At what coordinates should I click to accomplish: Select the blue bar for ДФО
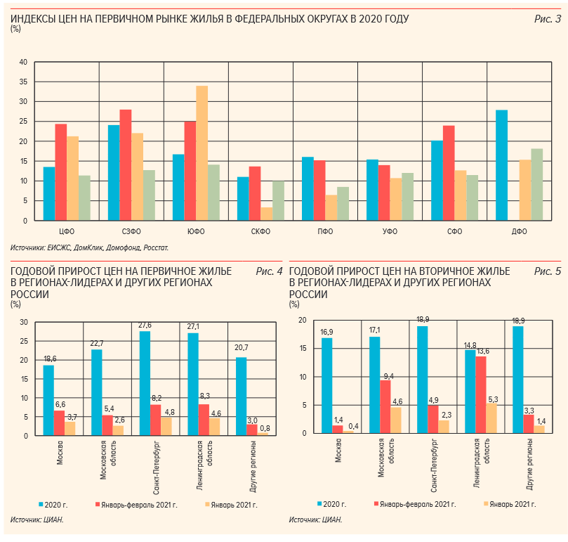point(501,165)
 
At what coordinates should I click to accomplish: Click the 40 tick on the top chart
point(22,63)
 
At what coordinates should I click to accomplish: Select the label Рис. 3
point(548,18)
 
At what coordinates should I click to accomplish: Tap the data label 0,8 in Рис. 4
point(265,427)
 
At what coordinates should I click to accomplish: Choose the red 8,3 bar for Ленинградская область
point(203,420)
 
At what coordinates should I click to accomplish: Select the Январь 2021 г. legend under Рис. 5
point(510,504)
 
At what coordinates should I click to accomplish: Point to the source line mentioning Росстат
point(90,248)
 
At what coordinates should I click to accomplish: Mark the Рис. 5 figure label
point(548,271)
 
